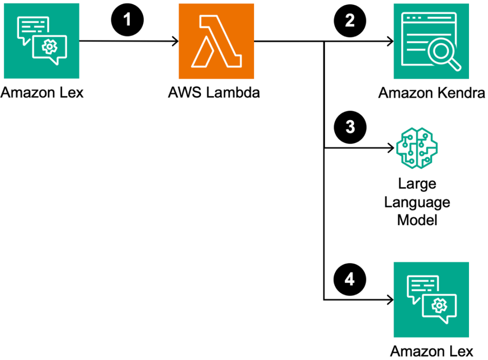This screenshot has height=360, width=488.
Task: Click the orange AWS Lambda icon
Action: click(216, 41)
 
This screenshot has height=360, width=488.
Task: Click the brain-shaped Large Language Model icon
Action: click(416, 148)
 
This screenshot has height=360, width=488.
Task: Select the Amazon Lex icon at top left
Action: click(41, 41)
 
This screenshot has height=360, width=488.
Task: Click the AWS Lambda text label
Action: click(214, 92)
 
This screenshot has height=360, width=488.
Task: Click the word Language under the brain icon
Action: click(417, 203)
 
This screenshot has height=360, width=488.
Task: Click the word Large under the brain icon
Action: click(417, 184)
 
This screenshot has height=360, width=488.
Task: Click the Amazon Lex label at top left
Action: click(42, 92)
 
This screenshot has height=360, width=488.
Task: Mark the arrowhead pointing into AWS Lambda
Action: click(175, 42)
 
